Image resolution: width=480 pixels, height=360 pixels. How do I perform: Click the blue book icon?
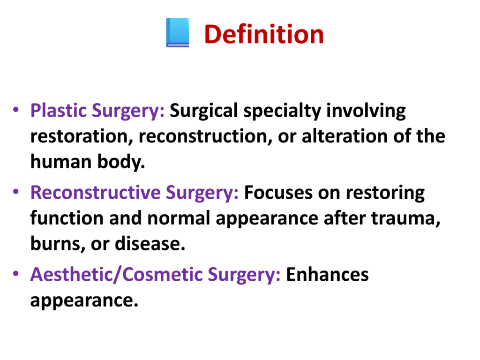178,32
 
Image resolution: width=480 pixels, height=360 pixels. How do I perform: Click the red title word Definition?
264,34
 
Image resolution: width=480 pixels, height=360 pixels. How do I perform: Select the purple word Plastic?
59,110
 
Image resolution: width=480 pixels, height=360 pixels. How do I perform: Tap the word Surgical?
203,111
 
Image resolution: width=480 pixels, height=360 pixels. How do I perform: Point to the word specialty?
282,111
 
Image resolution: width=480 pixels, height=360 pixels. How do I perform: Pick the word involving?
366,111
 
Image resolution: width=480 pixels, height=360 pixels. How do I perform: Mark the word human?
61,162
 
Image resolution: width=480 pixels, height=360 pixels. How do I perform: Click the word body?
120,162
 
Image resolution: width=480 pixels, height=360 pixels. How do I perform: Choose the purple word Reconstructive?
95,192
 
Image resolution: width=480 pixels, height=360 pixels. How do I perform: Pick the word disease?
150,244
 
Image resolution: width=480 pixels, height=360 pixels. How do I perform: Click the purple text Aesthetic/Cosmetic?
116,274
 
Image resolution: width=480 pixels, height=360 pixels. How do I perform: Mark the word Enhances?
327,274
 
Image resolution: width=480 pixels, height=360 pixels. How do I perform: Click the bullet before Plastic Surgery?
16,110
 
